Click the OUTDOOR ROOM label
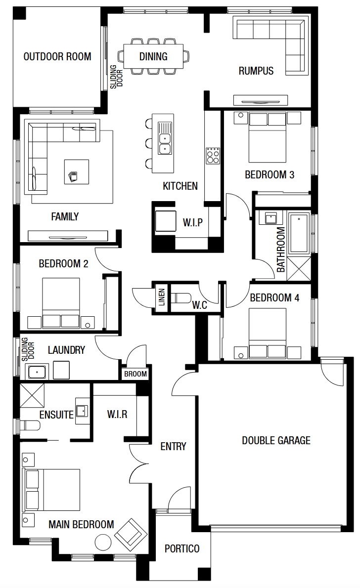coord(57,57)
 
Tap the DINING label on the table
coord(153,57)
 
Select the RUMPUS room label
coord(256,71)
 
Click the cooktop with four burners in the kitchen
coord(213,155)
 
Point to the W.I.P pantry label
coord(193,222)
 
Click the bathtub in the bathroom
coord(299,233)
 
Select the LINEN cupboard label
coord(161,297)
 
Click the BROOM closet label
coord(135,374)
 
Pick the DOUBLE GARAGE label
coord(276,440)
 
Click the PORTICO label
coord(182,548)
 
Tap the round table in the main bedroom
coord(103,542)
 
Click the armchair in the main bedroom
coord(130,535)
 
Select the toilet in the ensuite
coord(29,426)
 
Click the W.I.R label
coord(117,415)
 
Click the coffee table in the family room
coord(77,172)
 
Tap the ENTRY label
coord(173,446)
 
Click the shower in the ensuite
coord(32,395)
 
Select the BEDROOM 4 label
coord(275,298)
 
